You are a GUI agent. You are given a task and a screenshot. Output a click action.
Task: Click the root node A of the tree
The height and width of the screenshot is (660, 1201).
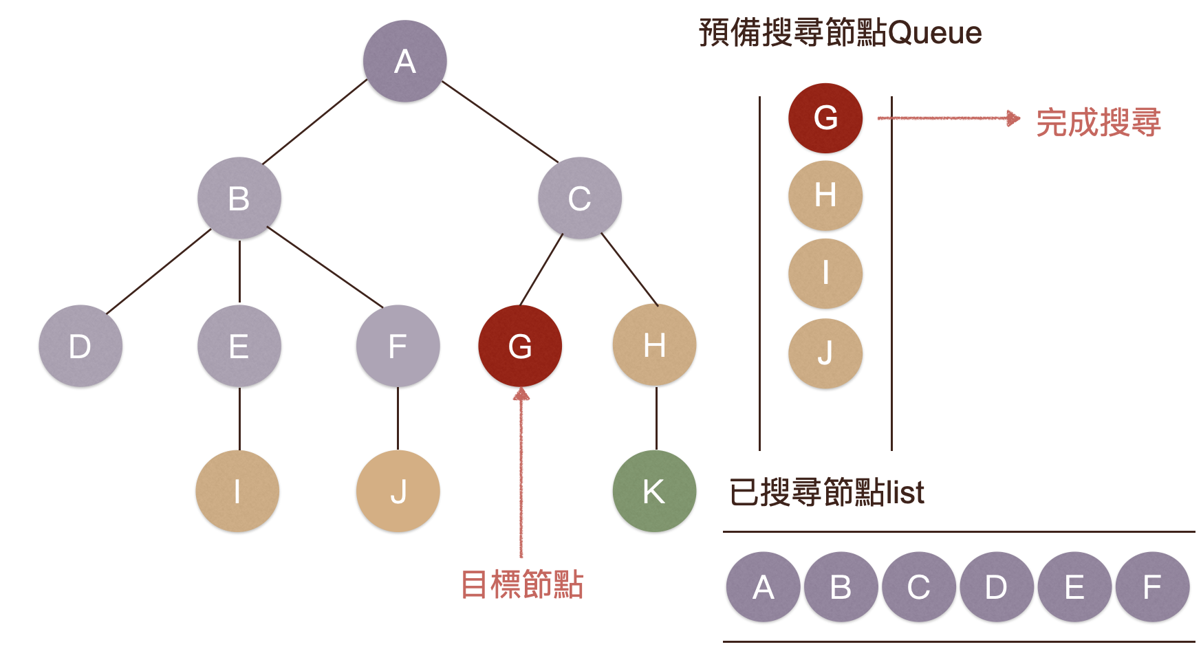404,61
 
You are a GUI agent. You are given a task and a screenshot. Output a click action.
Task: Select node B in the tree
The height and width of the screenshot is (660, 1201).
239,198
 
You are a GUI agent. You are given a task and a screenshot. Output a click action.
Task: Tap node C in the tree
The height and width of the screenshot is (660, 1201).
579,198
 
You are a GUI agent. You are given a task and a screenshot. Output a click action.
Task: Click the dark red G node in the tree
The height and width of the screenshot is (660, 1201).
519,345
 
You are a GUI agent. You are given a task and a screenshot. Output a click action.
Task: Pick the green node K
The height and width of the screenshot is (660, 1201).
653,491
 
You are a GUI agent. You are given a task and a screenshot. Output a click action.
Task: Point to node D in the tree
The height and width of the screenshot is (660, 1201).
80,345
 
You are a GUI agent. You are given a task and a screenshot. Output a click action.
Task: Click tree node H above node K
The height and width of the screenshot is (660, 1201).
653,344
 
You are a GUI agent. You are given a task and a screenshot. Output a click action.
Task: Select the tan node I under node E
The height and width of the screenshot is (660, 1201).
237,491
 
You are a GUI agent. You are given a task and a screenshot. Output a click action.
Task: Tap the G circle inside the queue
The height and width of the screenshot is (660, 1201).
825,118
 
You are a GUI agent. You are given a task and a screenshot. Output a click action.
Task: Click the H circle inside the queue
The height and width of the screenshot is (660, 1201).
825,195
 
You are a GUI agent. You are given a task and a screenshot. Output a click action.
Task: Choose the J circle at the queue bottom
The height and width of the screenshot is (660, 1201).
825,353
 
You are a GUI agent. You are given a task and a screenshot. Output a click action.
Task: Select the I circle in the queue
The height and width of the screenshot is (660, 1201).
825,273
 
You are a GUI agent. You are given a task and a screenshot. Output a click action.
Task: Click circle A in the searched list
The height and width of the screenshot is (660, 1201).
763,587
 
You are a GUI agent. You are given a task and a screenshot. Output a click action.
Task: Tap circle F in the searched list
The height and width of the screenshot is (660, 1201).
1151,587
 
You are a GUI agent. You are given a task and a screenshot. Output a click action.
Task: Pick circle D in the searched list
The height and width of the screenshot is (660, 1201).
996,587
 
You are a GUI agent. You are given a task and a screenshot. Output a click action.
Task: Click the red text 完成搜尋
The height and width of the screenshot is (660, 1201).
1098,122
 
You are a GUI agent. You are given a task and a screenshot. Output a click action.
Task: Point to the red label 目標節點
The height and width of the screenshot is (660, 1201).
521,584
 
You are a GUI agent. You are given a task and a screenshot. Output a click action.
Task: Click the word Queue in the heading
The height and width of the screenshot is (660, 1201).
935,32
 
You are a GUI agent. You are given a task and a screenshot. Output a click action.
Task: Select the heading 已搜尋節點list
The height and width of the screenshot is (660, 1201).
826,492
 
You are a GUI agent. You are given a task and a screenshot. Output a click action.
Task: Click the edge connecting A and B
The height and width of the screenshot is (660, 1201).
315,121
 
